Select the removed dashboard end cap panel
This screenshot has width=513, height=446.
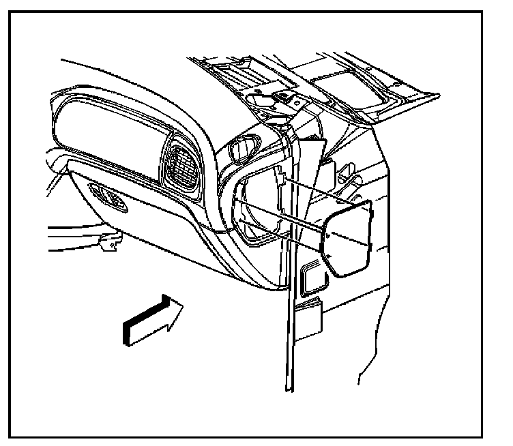[x=350, y=237]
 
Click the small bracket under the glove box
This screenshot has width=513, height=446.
[x=108, y=240]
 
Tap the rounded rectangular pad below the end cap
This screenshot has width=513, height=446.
[x=312, y=274]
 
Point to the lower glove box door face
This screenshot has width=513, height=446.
[x=157, y=232]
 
